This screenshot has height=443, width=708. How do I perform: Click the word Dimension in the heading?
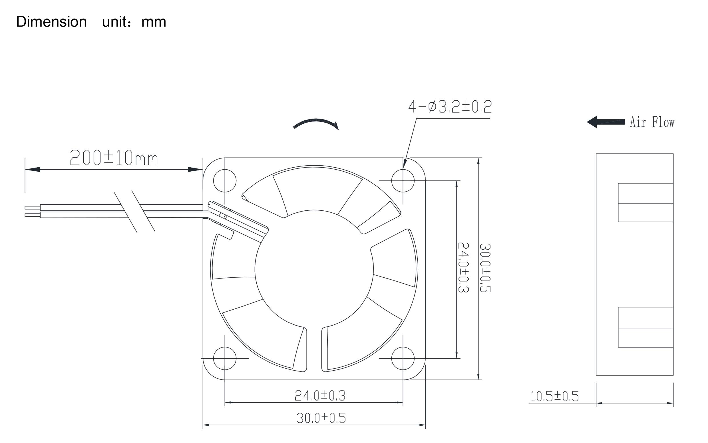point(51,22)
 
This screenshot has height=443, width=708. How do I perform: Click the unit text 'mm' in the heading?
point(154,22)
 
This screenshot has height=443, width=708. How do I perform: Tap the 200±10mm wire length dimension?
point(114,158)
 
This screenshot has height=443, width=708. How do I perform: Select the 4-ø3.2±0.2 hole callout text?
point(450,107)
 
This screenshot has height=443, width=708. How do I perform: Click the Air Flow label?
point(652,122)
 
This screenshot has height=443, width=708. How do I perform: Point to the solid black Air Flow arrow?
point(606,122)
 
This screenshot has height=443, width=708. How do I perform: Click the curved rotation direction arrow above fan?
point(316,123)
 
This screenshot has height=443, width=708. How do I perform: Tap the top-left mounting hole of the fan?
point(225,181)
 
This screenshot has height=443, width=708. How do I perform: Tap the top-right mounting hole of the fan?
point(403,181)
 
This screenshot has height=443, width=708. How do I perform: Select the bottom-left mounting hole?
point(225,358)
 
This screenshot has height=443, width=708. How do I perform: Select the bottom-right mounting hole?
point(403,358)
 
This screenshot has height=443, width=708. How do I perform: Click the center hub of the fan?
point(314,269)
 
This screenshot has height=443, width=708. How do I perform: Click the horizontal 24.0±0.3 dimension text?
point(320,396)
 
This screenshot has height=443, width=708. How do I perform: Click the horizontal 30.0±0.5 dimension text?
point(321,418)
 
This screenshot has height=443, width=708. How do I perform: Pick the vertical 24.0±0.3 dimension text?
point(463,267)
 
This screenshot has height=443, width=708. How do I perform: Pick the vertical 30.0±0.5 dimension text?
point(485,268)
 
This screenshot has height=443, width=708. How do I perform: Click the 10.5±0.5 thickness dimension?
point(554,397)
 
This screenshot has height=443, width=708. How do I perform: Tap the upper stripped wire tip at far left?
point(32,208)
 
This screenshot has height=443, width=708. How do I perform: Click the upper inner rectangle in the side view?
point(645,202)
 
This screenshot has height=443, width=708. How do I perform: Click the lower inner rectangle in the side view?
point(645,327)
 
